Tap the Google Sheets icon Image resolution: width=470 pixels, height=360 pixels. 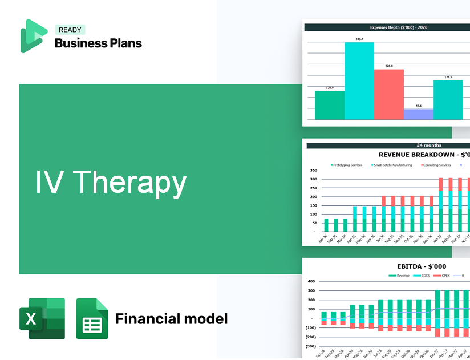92,318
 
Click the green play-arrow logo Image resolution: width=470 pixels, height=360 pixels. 33,36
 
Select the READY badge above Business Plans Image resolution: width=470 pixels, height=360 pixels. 70,30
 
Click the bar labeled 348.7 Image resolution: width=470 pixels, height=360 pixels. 359,80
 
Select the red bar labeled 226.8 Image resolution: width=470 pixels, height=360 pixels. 388,94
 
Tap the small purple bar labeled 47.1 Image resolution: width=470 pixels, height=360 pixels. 418,114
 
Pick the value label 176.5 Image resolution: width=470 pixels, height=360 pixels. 448,77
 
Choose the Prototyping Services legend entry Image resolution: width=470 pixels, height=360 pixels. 347,165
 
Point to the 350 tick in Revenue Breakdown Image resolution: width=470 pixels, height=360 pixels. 313,171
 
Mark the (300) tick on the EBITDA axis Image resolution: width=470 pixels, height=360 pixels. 311,346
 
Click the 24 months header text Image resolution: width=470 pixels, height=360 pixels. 428,145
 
